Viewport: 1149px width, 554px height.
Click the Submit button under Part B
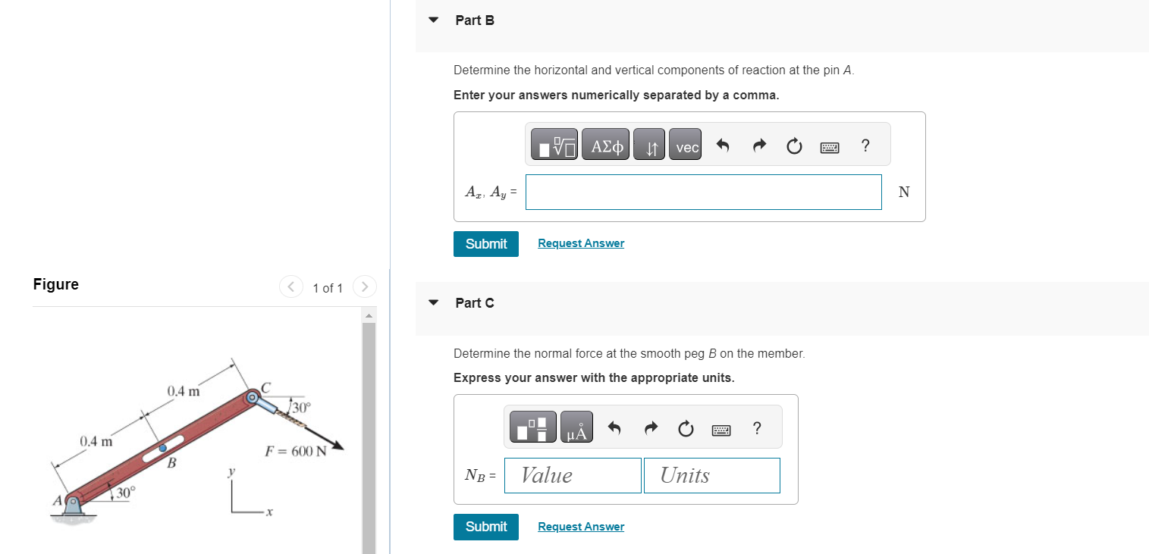[x=485, y=244]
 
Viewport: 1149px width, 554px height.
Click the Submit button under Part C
[x=485, y=527]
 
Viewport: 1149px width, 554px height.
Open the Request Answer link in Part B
[x=581, y=243]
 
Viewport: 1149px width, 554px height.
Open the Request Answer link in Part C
[x=581, y=527]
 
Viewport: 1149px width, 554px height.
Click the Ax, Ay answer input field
[x=703, y=192]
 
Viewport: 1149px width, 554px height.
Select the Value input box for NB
[x=573, y=475]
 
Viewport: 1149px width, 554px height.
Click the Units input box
[x=711, y=475]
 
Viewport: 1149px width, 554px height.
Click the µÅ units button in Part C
[x=576, y=430]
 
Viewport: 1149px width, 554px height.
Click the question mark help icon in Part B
[x=865, y=146]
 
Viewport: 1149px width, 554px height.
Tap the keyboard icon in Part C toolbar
[x=721, y=430]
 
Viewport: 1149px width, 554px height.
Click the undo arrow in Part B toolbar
[x=723, y=146]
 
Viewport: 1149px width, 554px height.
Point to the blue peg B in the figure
[x=162, y=448]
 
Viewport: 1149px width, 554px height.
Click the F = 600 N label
[x=296, y=452]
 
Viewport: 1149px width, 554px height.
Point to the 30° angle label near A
[x=124, y=493]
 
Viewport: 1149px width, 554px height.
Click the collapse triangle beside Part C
[x=433, y=303]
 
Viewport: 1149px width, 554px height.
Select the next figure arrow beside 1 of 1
[x=365, y=287]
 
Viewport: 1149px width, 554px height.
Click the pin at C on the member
[x=252, y=396]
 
